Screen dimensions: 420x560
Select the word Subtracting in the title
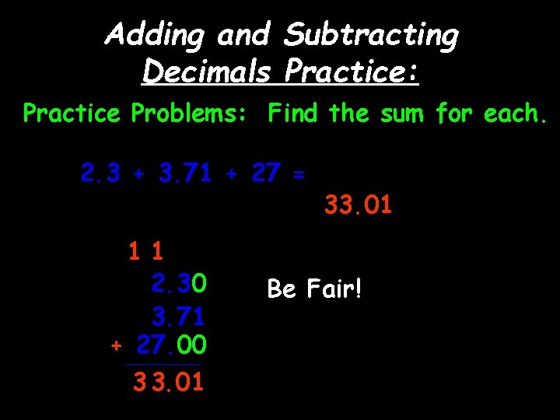point(372,35)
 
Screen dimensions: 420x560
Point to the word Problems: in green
point(189,114)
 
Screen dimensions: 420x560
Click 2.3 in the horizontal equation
point(100,173)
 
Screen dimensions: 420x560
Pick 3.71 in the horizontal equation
point(184,173)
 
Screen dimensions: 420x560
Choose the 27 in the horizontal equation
point(265,173)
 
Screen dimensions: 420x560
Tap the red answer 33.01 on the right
point(358,206)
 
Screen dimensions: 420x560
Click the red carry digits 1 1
point(146,251)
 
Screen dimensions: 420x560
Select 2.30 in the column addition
point(179,283)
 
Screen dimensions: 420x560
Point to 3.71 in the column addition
point(178,317)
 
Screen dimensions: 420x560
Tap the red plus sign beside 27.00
point(117,345)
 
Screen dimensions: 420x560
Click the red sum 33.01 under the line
point(169,382)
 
